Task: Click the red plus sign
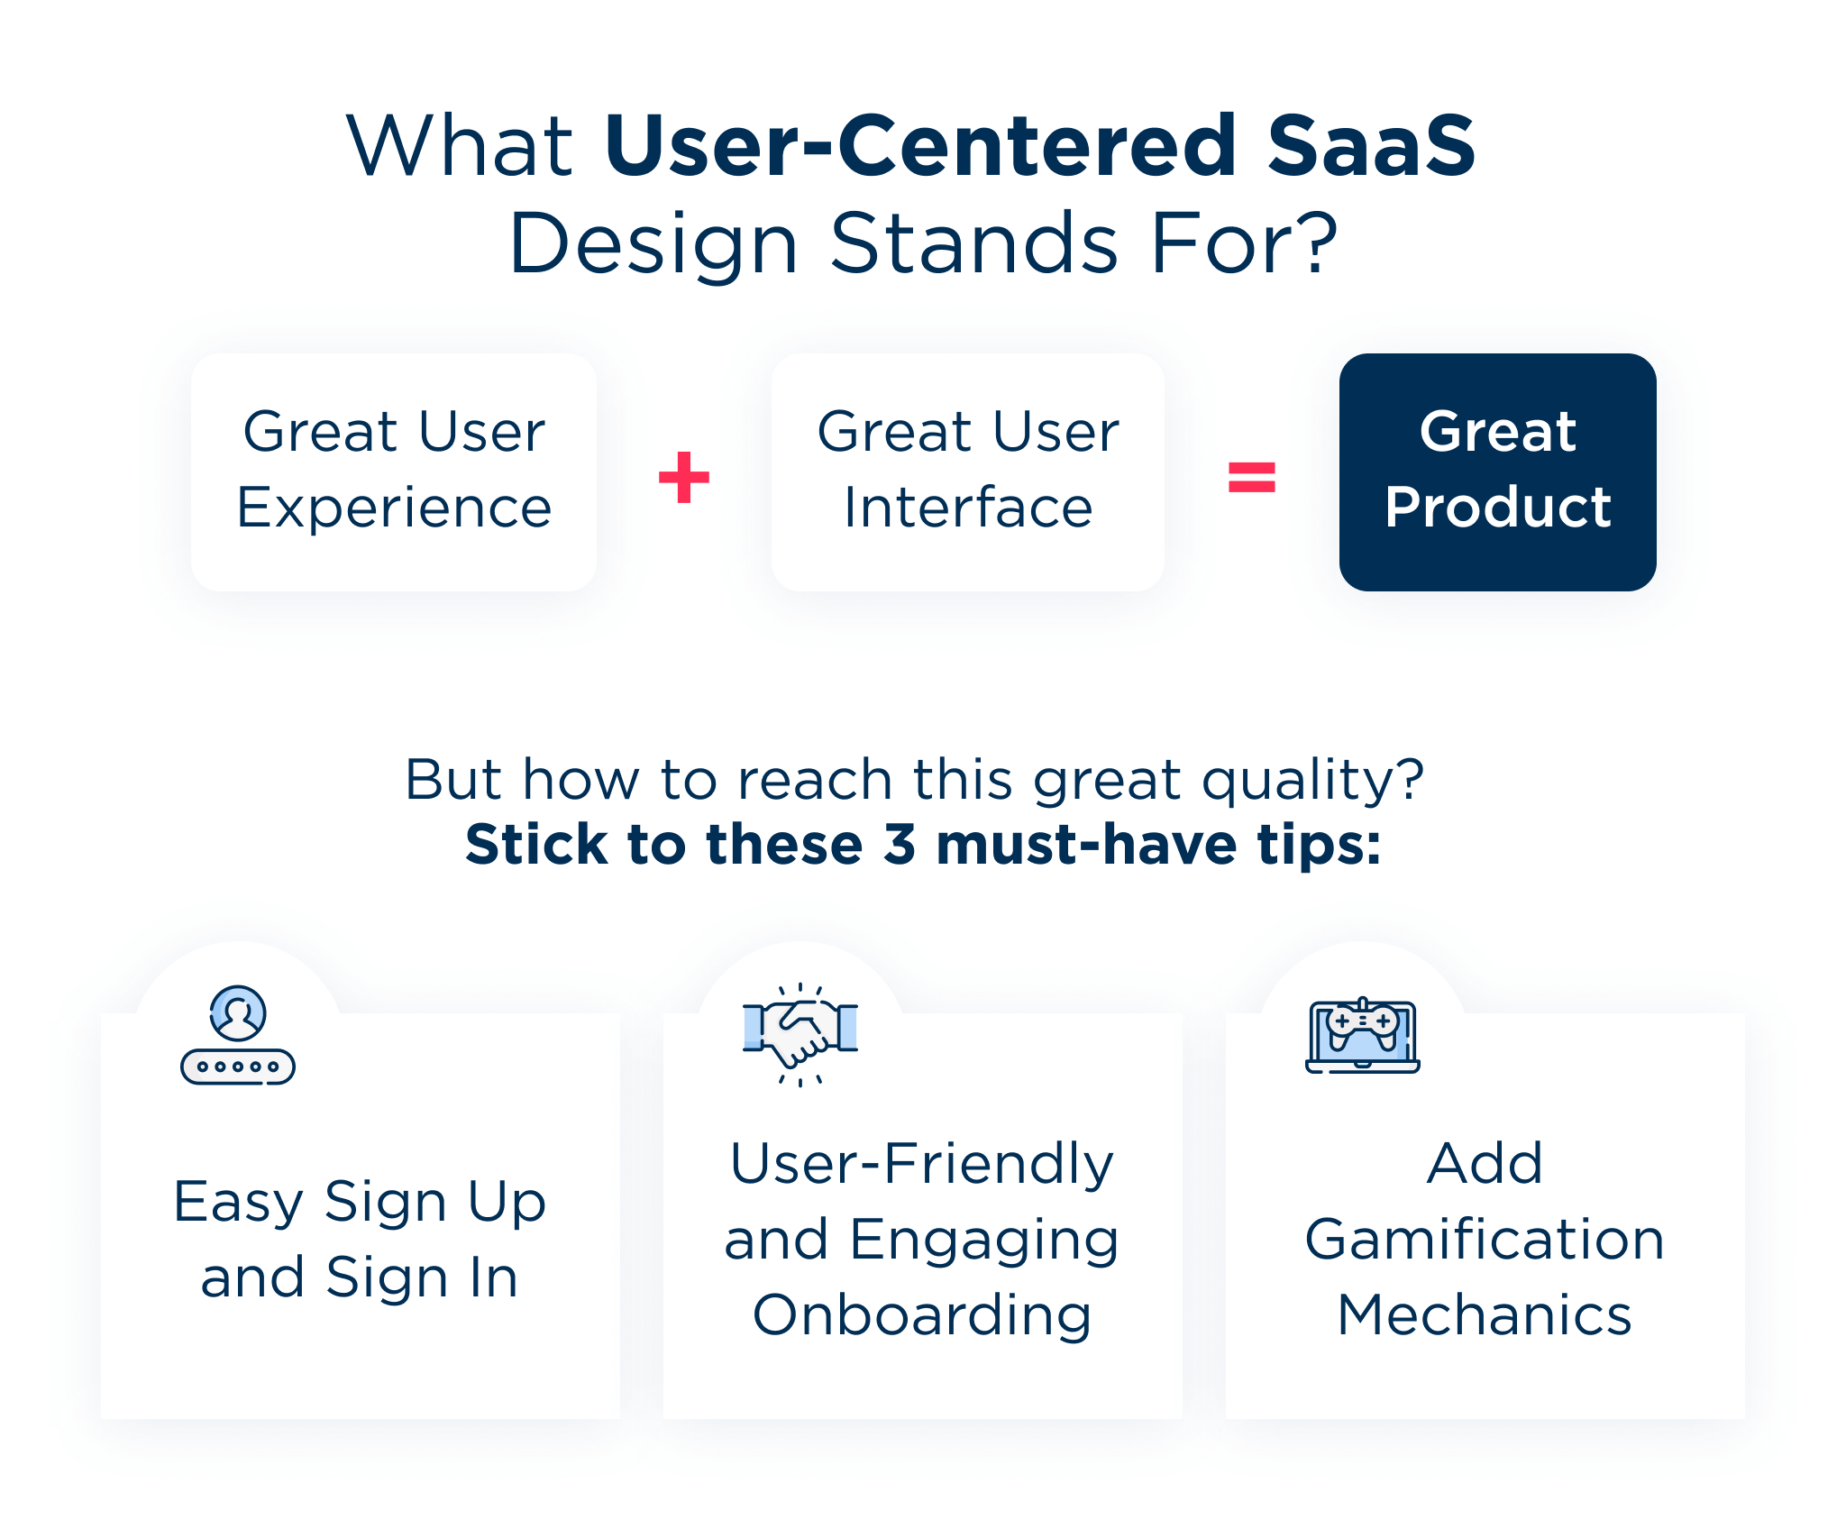[684, 477]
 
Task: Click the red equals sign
[1252, 477]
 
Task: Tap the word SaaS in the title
[1371, 145]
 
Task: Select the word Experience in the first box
[394, 508]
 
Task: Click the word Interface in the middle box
[968, 508]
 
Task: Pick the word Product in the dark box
[1498, 508]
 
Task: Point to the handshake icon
[800, 1033]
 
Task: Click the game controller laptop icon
[1363, 1035]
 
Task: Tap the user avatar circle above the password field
[238, 1013]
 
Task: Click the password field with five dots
[238, 1067]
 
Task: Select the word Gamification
[1485, 1240]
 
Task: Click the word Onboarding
[922, 1315]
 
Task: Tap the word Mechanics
[1485, 1315]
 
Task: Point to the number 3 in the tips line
[900, 845]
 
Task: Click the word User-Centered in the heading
[919, 145]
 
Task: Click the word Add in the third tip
[1485, 1164]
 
